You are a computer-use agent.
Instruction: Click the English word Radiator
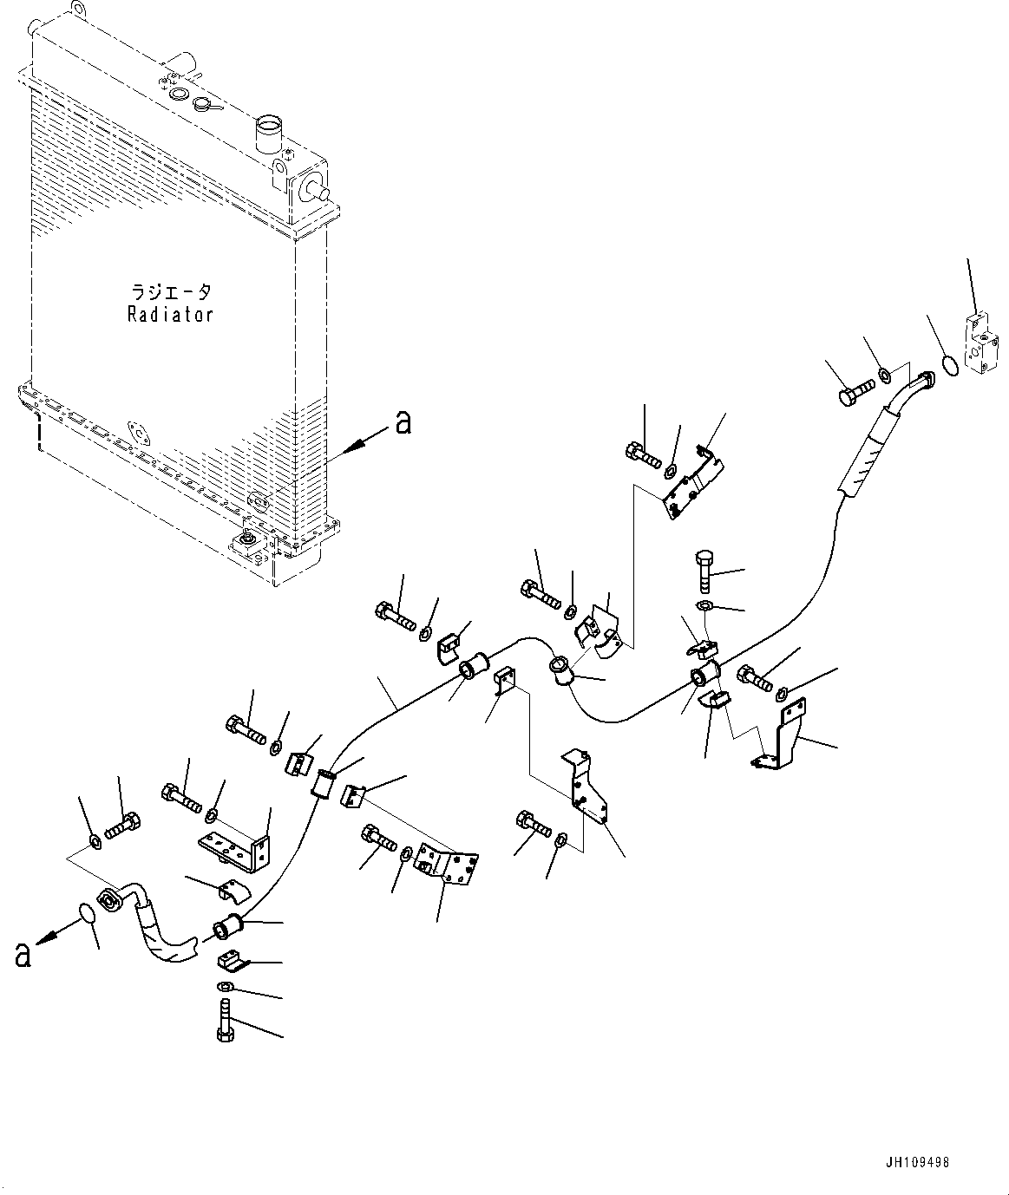[x=170, y=314]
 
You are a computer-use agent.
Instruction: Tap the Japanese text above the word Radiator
[x=170, y=292]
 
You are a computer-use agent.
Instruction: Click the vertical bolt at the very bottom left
[x=224, y=1021]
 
